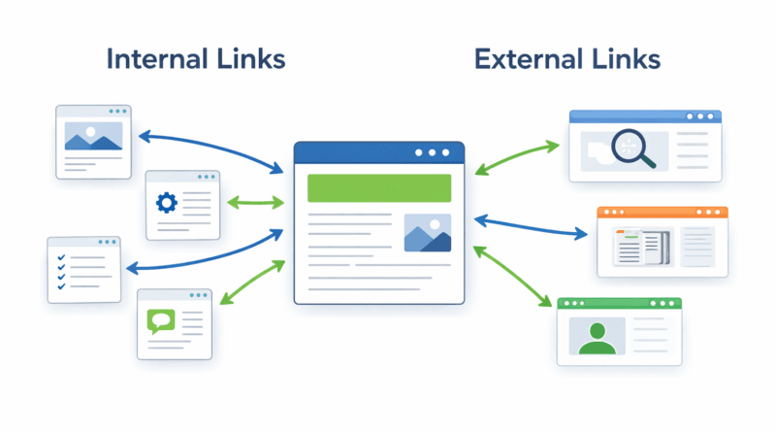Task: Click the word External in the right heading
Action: (x=520, y=59)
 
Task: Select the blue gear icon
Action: (x=166, y=203)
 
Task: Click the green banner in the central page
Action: (x=378, y=187)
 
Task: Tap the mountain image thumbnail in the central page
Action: (x=427, y=233)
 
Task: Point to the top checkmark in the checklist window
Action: (x=61, y=258)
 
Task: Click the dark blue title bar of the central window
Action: (x=378, y=152)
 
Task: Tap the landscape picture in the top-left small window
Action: (x=93, y=136)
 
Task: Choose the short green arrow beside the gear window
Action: (x=255, y=203)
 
